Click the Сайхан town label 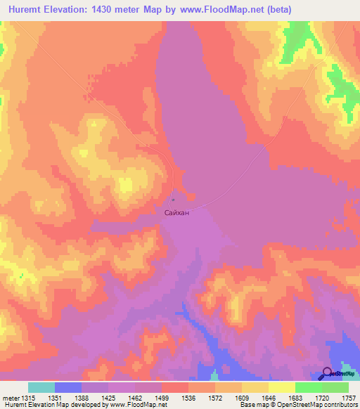[176, 209]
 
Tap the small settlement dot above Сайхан [174, 199]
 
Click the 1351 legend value [54, 398]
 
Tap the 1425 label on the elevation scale [108, 398]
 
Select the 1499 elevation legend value [161, 398]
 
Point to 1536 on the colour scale [188, 398]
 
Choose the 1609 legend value [241, 398]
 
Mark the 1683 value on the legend [295, 398]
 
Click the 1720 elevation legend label [321, 398]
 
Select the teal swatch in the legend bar [41, 387]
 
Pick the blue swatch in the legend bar [67, 387]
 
